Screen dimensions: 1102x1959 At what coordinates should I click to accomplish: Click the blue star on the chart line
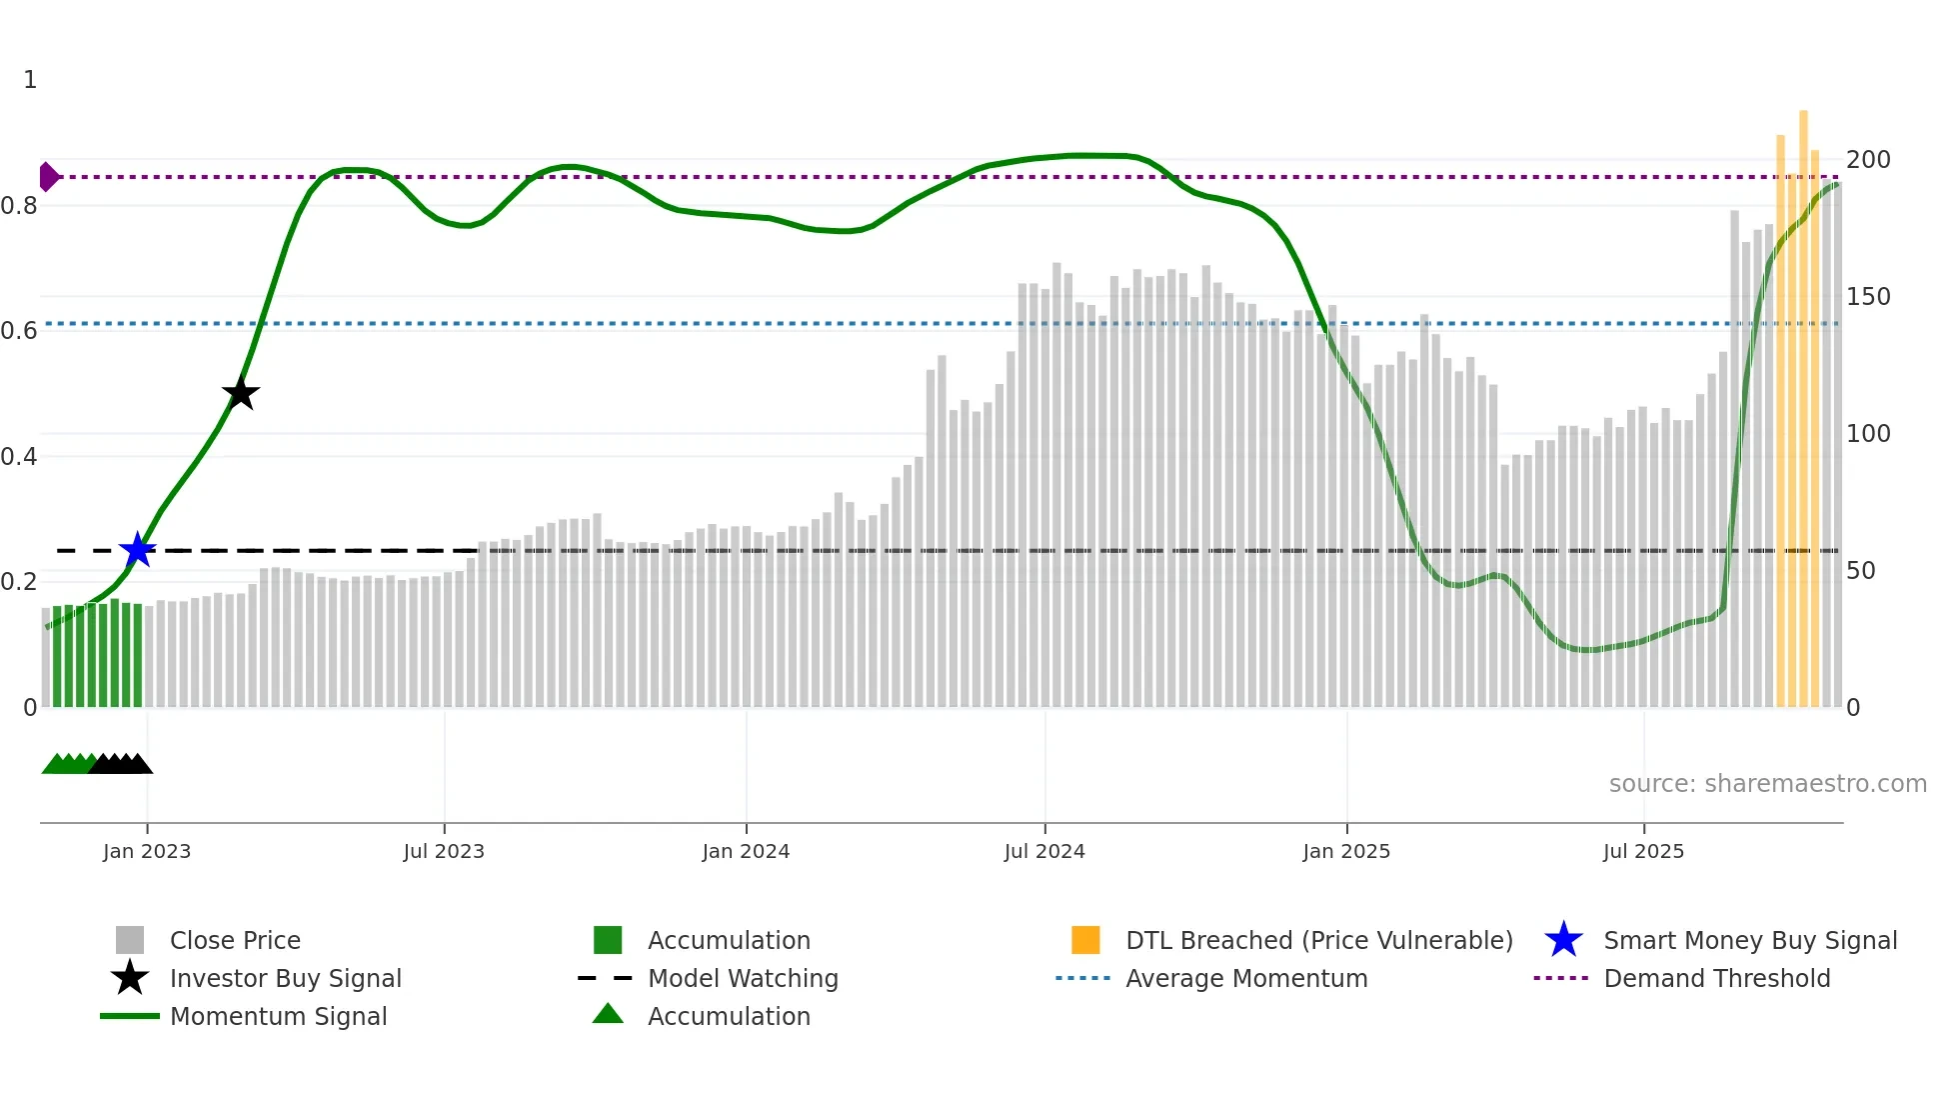click(x=138, y=549)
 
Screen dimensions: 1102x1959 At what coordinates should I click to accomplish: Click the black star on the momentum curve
click(x=241, y=393)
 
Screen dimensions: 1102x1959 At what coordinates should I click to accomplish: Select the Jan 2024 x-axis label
click(x=746, y=851)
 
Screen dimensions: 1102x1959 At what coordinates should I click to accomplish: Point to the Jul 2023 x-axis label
click(x=444, y=851)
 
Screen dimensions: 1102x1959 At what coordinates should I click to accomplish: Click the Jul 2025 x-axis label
click(x=1643, y=851)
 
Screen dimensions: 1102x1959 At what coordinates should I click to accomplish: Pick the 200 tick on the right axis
click(x=1868, y=160)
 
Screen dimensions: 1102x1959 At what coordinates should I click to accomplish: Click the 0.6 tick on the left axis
click(x=19, y=331)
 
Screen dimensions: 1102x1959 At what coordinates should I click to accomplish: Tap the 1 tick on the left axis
click(x=30, y=80)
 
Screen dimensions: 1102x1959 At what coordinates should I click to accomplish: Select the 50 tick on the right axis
click(x=1861, y=571)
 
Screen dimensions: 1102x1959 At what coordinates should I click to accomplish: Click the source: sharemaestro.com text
click(x=1767, y=784)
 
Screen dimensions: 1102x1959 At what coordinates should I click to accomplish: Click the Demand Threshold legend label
click(x=1716, y=978)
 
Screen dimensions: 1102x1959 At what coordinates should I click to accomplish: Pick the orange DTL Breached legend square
click(x=1085, y=940)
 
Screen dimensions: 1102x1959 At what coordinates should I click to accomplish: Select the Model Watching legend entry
click(x=742, y=978)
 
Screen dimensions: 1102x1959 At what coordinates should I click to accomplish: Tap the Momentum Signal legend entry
click(x=278, y=1016)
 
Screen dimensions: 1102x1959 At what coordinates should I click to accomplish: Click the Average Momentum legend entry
click(x=1245, y=978)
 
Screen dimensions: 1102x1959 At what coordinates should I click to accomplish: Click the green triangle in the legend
click(x=608, y=1014)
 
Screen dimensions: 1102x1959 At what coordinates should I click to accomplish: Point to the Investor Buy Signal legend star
click(x=130, y=978)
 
